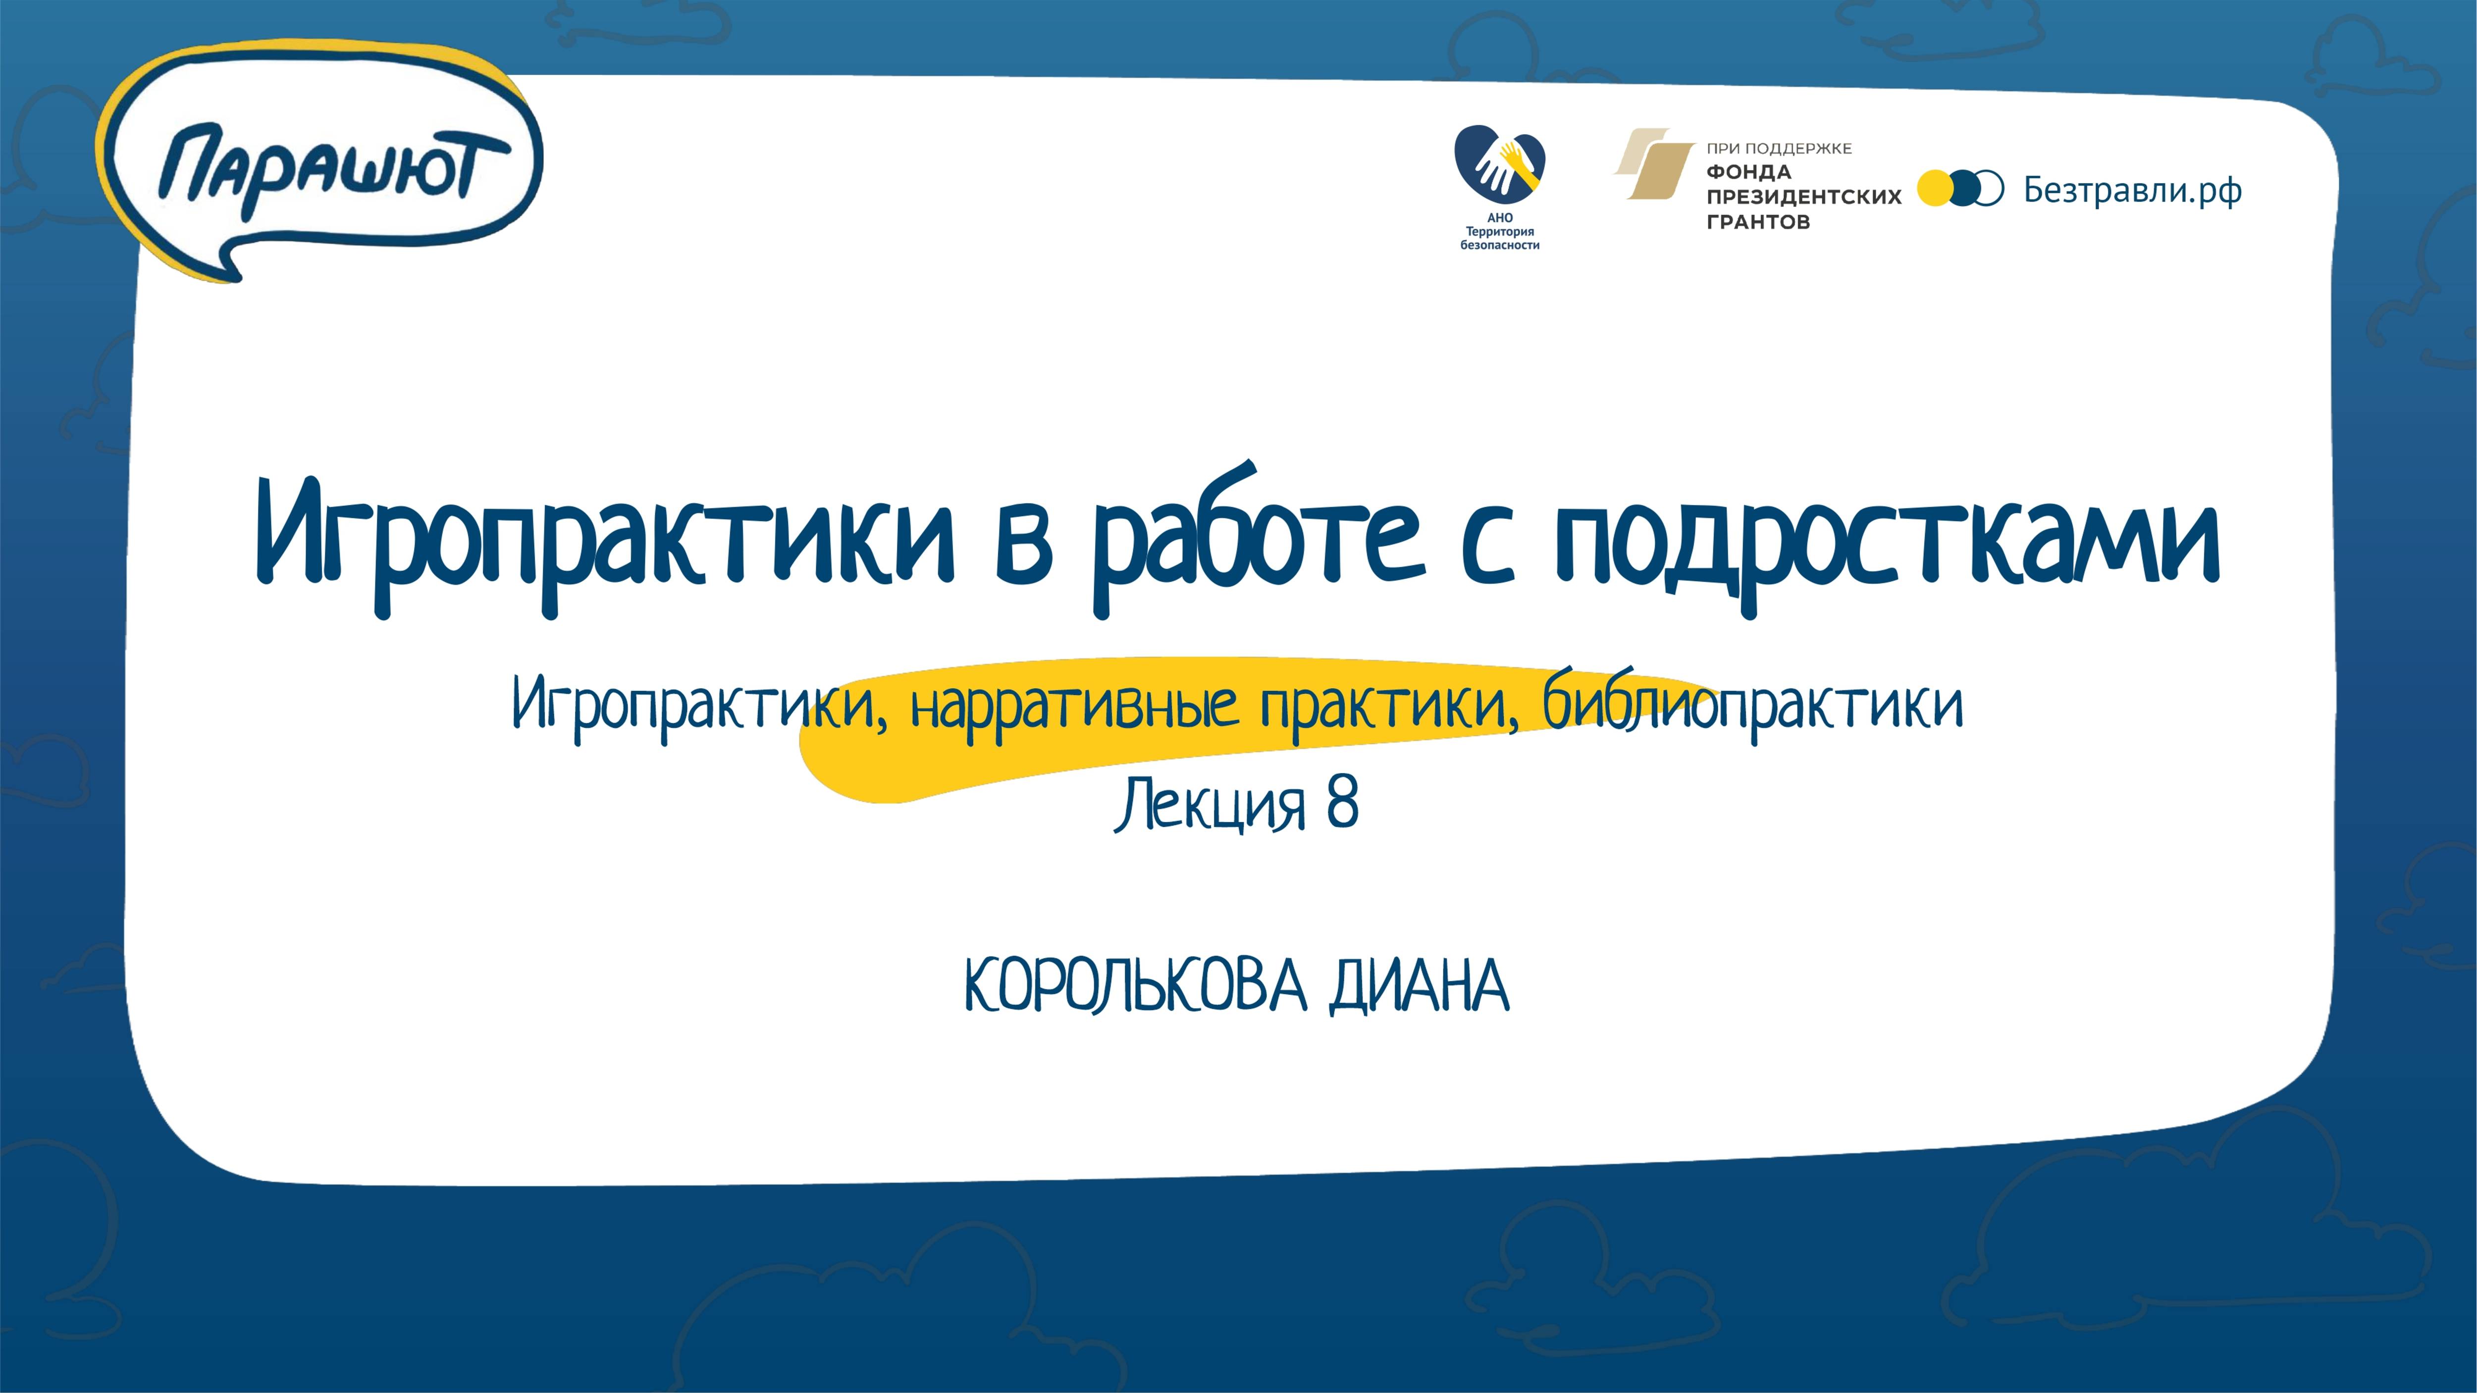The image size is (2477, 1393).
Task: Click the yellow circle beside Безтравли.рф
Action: (x=1935, y=189)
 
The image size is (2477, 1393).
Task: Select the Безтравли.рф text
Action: (x=2133, y=190)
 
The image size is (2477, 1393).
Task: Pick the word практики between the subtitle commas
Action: (x=1387, y=707)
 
